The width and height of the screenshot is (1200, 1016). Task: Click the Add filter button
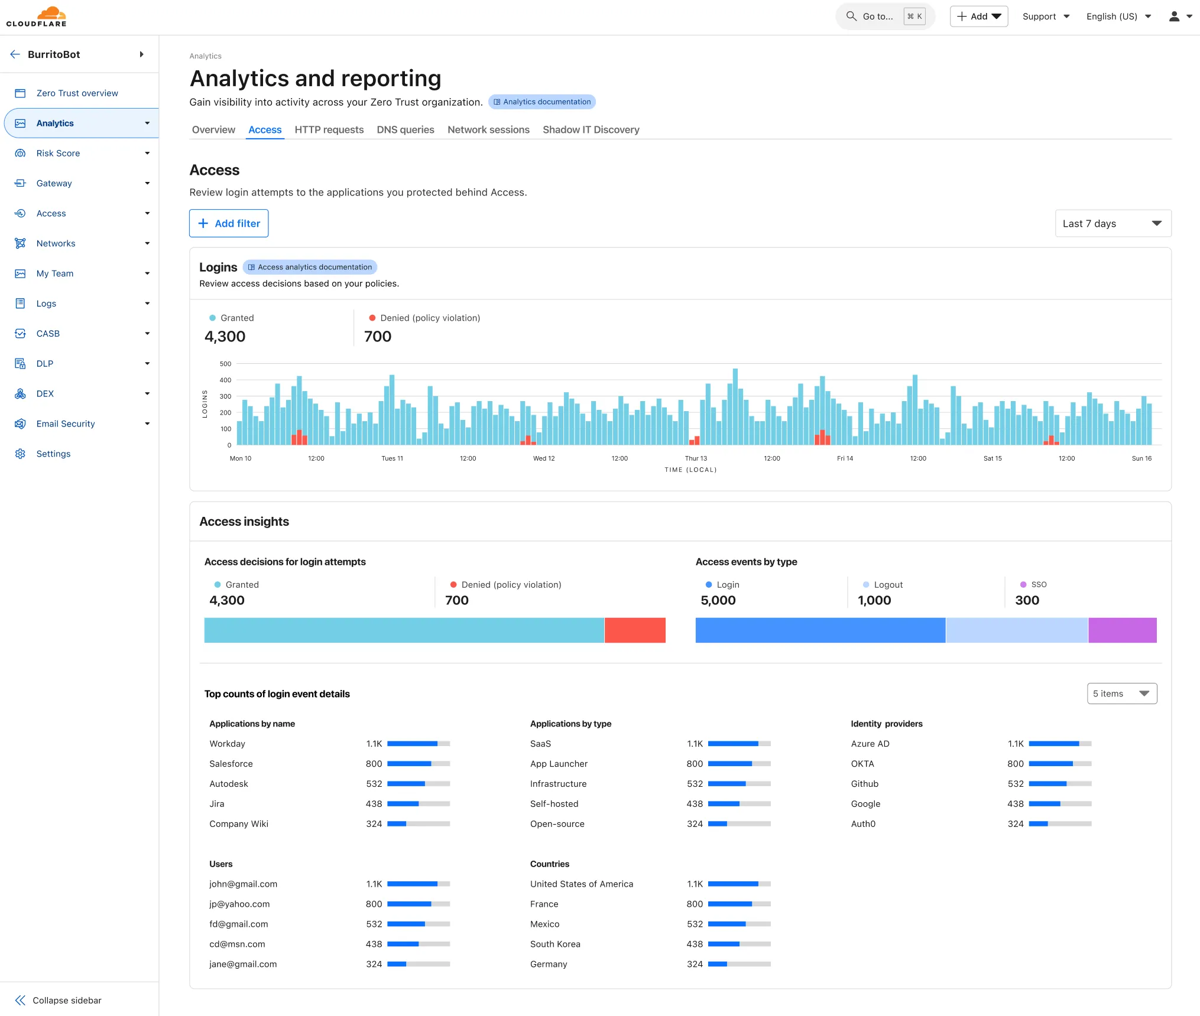click(x=229, y=223)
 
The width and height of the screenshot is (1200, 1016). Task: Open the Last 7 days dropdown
click(x=1113, y=223)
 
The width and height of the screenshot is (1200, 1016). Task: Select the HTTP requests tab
click(x=329, y=129)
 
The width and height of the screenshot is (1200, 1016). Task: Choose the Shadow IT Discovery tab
click(x=591, y=129)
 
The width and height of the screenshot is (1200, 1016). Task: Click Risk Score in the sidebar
click(x=58, y=153)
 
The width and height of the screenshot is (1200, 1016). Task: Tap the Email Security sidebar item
click(x=65, y=424)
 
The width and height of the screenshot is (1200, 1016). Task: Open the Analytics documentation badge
click(x=541, y=102)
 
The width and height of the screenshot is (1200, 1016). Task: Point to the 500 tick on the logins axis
click(x=225, y=364)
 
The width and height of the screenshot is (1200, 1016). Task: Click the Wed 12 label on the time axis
click(x=543, y=458)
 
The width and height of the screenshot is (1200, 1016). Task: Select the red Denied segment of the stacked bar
click(x=634, y=630)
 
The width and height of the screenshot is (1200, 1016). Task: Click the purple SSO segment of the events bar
click(x=1121, y=630)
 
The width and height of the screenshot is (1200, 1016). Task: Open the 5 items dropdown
click(x=1121, y=693)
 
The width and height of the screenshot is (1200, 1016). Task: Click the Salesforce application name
click(x=231, y=764)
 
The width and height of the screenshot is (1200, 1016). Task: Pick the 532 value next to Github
click(x=1015, y=784)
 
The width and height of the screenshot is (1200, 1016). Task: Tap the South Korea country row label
click(x=554, y=944)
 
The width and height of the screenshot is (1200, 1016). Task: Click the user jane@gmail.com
click(x=242, y=964)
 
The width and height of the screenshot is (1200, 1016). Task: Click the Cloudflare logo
click(x=37, y=17)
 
